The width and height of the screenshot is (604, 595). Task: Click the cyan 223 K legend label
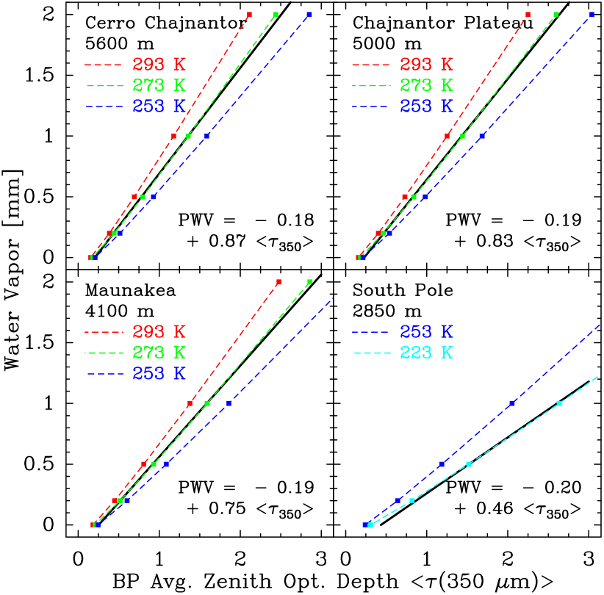coord(426,353)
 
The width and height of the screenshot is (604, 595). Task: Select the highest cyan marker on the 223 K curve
coord(559,403)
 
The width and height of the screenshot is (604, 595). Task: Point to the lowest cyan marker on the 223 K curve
coord(370,524)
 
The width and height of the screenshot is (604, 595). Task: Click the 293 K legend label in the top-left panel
coord(159,65)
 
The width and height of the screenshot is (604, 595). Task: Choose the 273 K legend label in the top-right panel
coord(426,85)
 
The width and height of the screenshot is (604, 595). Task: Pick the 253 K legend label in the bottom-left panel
coord(159,374)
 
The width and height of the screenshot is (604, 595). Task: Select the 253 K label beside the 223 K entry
coord(426,332)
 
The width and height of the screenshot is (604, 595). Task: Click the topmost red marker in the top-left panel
coord(249,15)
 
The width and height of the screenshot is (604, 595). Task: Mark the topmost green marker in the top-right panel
coord(556,15)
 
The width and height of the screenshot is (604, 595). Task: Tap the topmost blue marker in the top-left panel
coord(309,15)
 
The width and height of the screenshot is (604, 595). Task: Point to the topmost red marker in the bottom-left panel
coord(278,282)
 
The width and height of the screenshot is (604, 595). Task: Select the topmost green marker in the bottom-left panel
coord(309,282)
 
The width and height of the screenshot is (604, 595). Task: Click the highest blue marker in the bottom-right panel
coord(512,403)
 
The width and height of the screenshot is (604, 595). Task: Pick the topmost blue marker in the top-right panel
coord(592,15)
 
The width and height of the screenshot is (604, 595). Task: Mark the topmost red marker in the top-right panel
coord(528,15)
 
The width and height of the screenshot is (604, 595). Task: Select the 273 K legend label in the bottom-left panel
coord(159,353)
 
